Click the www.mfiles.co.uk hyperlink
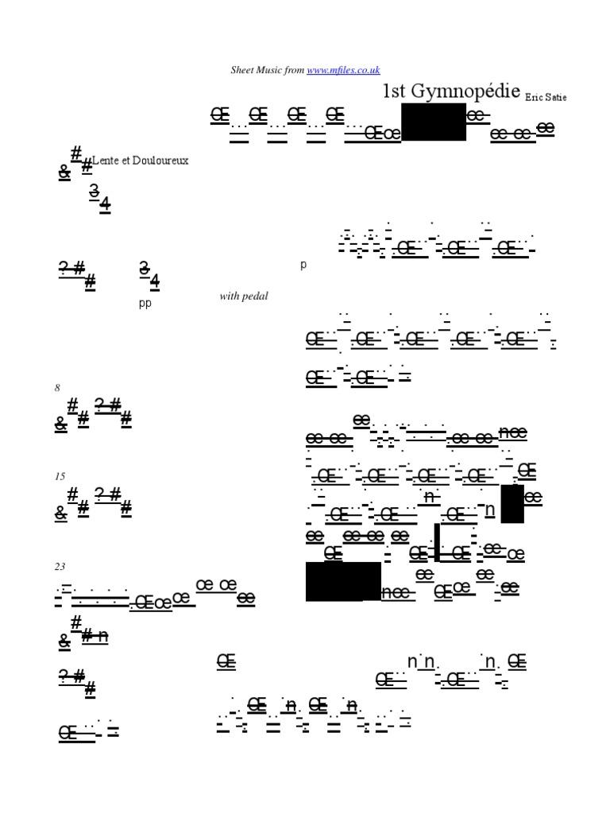[x=343, y=70]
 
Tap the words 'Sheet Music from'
[x=268, y=70]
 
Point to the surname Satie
[x=558, y=97]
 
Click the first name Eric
[x=535, y=97]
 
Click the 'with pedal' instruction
[x=244, y=297]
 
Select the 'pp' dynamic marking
[x=145, y=303]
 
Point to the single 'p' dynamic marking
[x=303, y=265]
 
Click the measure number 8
[x=57, y=388]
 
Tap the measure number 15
[x=60, y=476]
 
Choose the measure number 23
[x=60, y=567]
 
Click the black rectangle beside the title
[x=434, y=122]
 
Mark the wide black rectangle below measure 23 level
[x=343, y=581]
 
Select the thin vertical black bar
[x=437, y=542]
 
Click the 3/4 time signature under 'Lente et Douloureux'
[x=99, y=197]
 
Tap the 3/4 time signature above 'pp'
[x=149, y=273]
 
